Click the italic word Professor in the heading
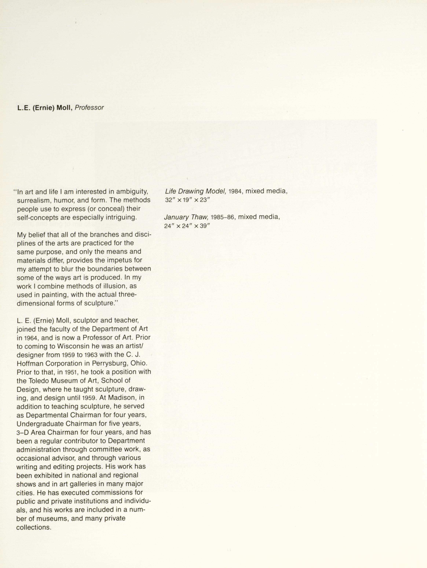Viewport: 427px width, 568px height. pos(89,108)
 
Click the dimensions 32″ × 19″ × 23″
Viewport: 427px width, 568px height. pos(187,200)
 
